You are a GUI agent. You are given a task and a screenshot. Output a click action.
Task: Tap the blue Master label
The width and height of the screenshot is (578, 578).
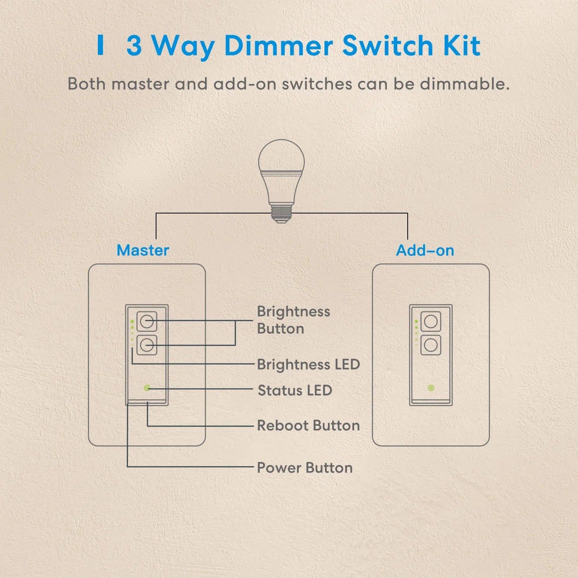(x=143, y=250)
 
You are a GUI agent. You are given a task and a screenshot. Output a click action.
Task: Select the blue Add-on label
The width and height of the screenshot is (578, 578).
(x=425, y=250)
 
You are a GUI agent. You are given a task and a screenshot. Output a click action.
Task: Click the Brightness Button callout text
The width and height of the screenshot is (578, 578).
(x=294, y=320)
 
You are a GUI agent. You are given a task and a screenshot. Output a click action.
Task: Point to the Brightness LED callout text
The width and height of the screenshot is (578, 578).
(x=308, y=365)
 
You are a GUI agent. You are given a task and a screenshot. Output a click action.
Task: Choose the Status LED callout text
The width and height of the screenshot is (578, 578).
(x=295, y=390)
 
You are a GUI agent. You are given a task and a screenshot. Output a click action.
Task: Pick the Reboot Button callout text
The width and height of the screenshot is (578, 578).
(x=308, y=425)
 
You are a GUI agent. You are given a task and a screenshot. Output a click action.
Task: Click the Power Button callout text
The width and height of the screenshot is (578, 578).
(x=304, y=468)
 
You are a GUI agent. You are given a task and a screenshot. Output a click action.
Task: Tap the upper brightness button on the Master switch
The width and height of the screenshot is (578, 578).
(x=146, y=321)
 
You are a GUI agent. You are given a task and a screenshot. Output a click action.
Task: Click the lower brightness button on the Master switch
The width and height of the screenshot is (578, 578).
(x=146, y=345)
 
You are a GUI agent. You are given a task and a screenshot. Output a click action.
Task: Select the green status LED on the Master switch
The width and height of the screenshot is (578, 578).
(x=147, y=388)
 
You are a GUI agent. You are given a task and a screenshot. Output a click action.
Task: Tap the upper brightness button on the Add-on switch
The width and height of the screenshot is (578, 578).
(x=431, y=321)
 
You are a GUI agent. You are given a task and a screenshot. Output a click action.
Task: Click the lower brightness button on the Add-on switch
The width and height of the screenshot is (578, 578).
(x=431, y=345)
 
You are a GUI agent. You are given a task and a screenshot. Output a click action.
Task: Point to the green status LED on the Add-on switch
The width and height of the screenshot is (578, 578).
(x=431, y=388)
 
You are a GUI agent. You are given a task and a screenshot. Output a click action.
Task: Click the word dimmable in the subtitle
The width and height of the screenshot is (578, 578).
(x=465, y=84)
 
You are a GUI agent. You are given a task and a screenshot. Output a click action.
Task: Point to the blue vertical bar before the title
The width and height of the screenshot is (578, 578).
(x=101, y=45)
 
